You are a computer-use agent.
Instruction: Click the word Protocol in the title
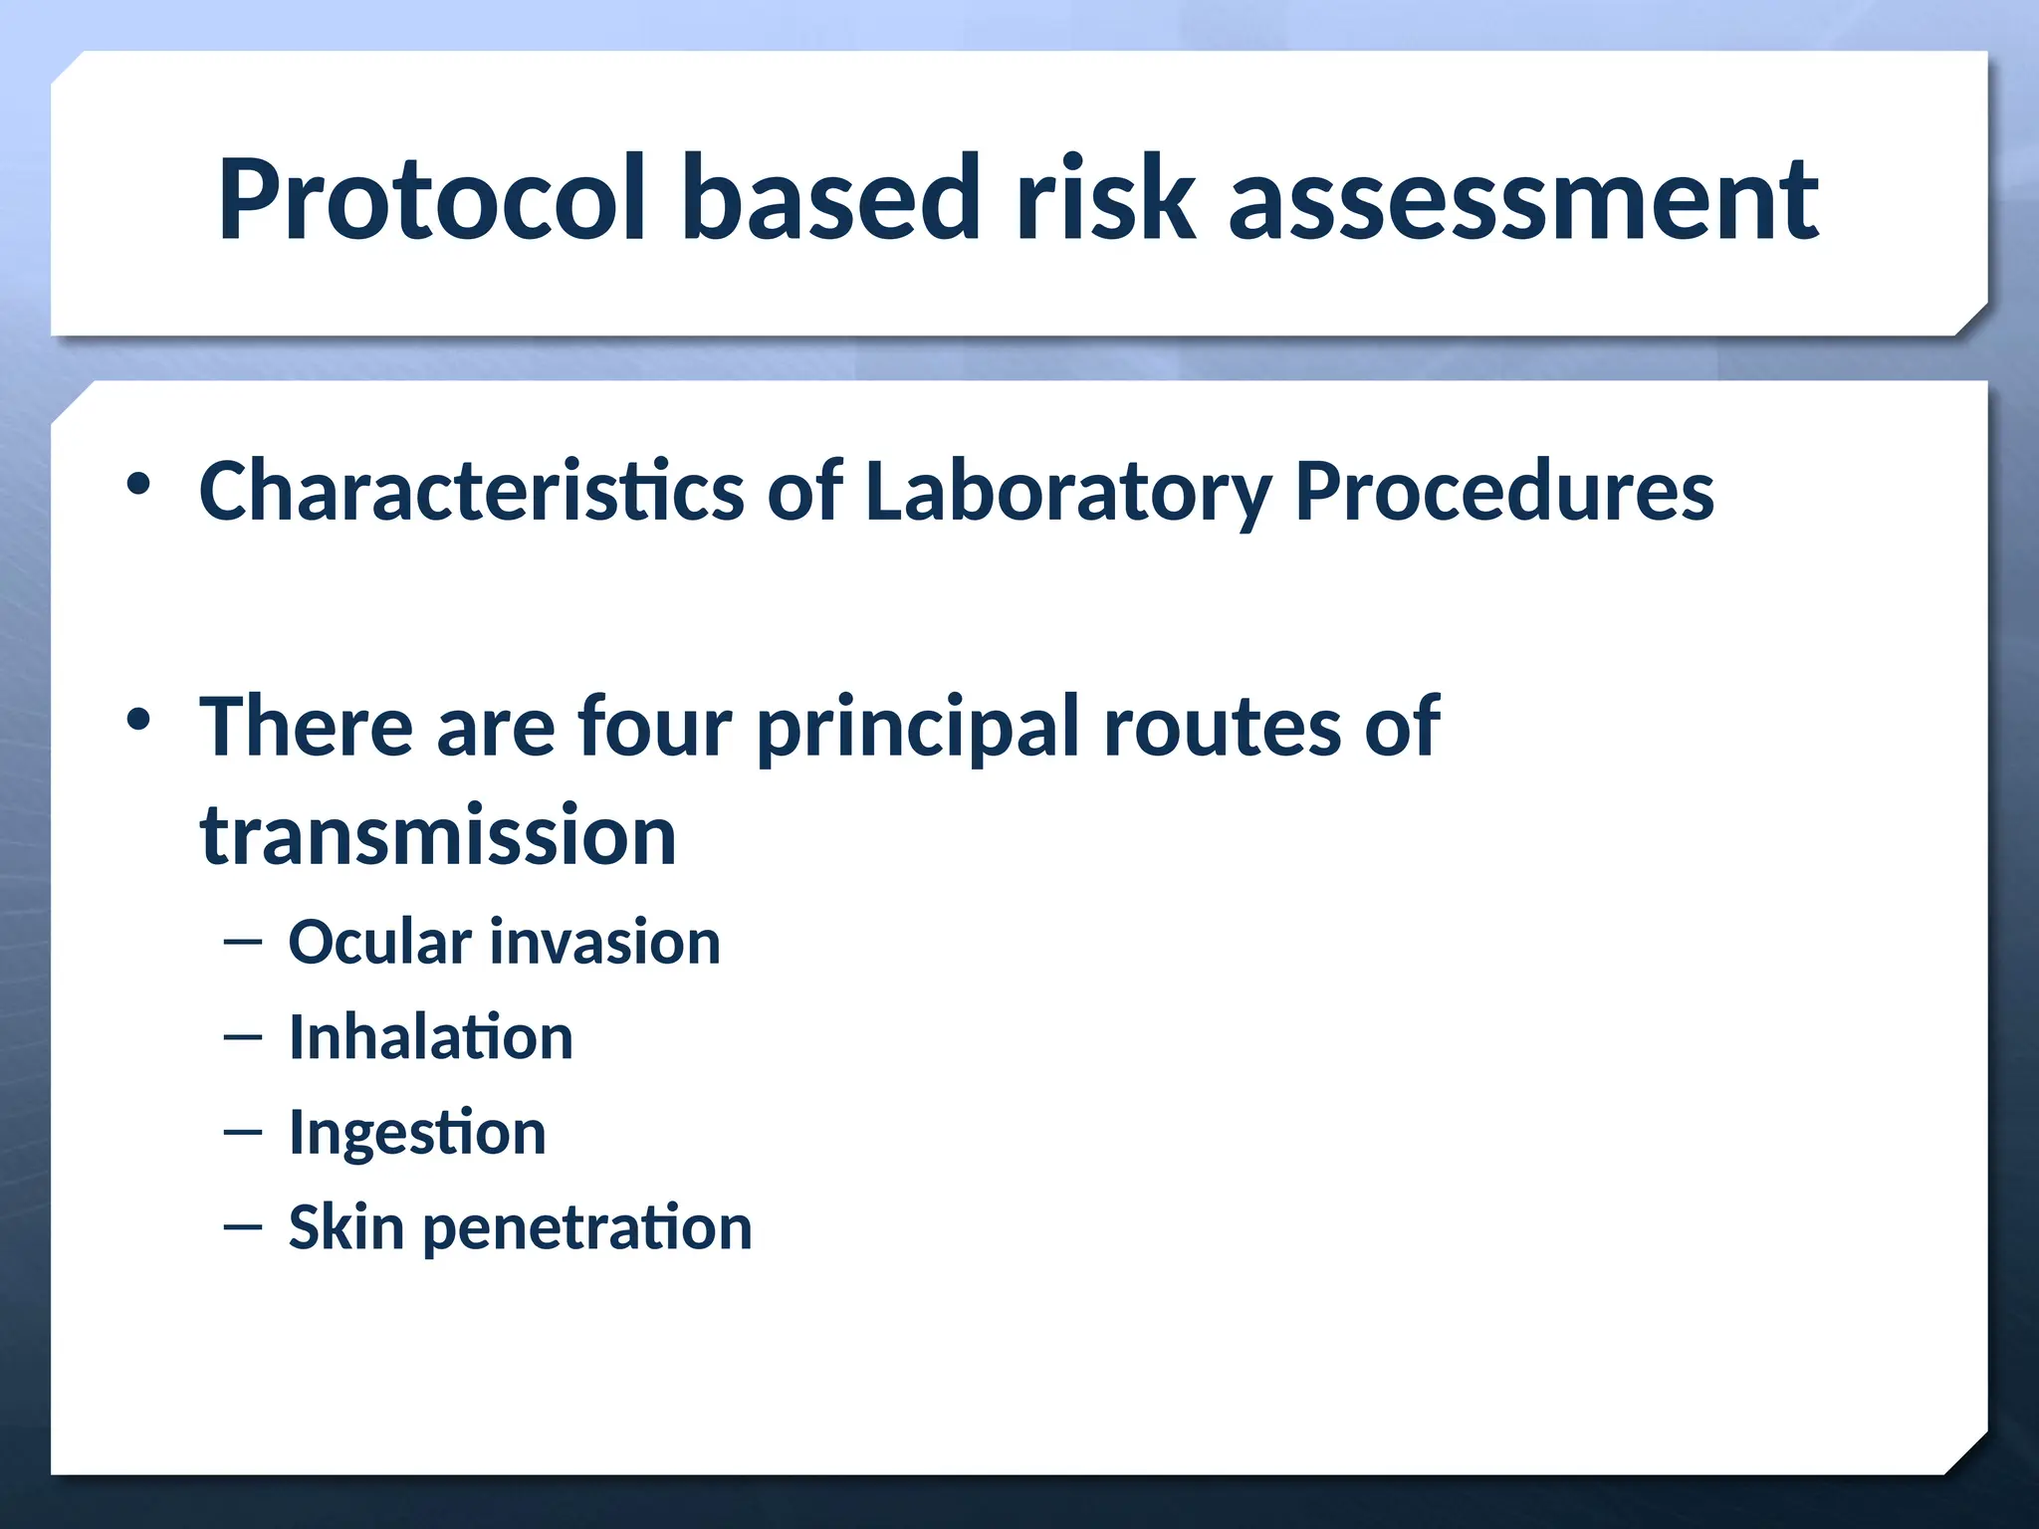[431, 199]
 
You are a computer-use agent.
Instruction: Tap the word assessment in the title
[1523, 199]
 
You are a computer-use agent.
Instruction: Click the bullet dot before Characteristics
[138, 485]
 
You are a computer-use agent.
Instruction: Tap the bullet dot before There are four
[138, 719]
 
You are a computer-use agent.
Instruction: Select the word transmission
[438, 836]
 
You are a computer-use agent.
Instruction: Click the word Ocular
[379, 942]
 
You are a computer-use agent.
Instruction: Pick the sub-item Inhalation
[430, 1037]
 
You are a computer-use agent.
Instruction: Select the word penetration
[587, 1228]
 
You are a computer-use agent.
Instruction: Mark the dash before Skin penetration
[243, 1227]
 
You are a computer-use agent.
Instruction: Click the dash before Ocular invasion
[243, 942]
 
